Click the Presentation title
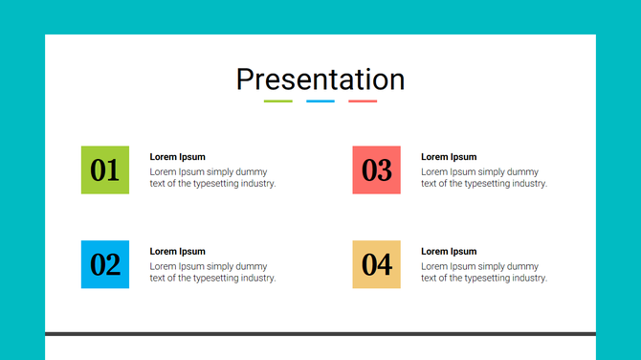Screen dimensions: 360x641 (x=320, y=79)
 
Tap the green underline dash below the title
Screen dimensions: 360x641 (x=277, y=101)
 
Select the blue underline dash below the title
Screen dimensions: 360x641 (x=320, y=101)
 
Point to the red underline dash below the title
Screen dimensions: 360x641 (x=363, y=101)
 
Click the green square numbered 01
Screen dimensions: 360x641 (x=105, y=169)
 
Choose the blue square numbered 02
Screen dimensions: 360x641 (x=105, y=264)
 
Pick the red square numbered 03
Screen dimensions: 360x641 (x=376, y=169)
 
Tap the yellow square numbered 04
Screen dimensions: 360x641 (x=376, y=264)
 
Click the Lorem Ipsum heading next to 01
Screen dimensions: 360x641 (x=178, y=157)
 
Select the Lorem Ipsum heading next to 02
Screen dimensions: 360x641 (x=178, y=252)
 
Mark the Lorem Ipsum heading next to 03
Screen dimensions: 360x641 (x=449, y=157)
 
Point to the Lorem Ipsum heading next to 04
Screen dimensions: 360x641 (x=449, y=252)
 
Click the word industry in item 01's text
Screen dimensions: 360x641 (x=255, y=184)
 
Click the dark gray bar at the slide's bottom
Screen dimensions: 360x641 (x=320, y=334)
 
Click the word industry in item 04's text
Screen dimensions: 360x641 (x=526, y=279)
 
